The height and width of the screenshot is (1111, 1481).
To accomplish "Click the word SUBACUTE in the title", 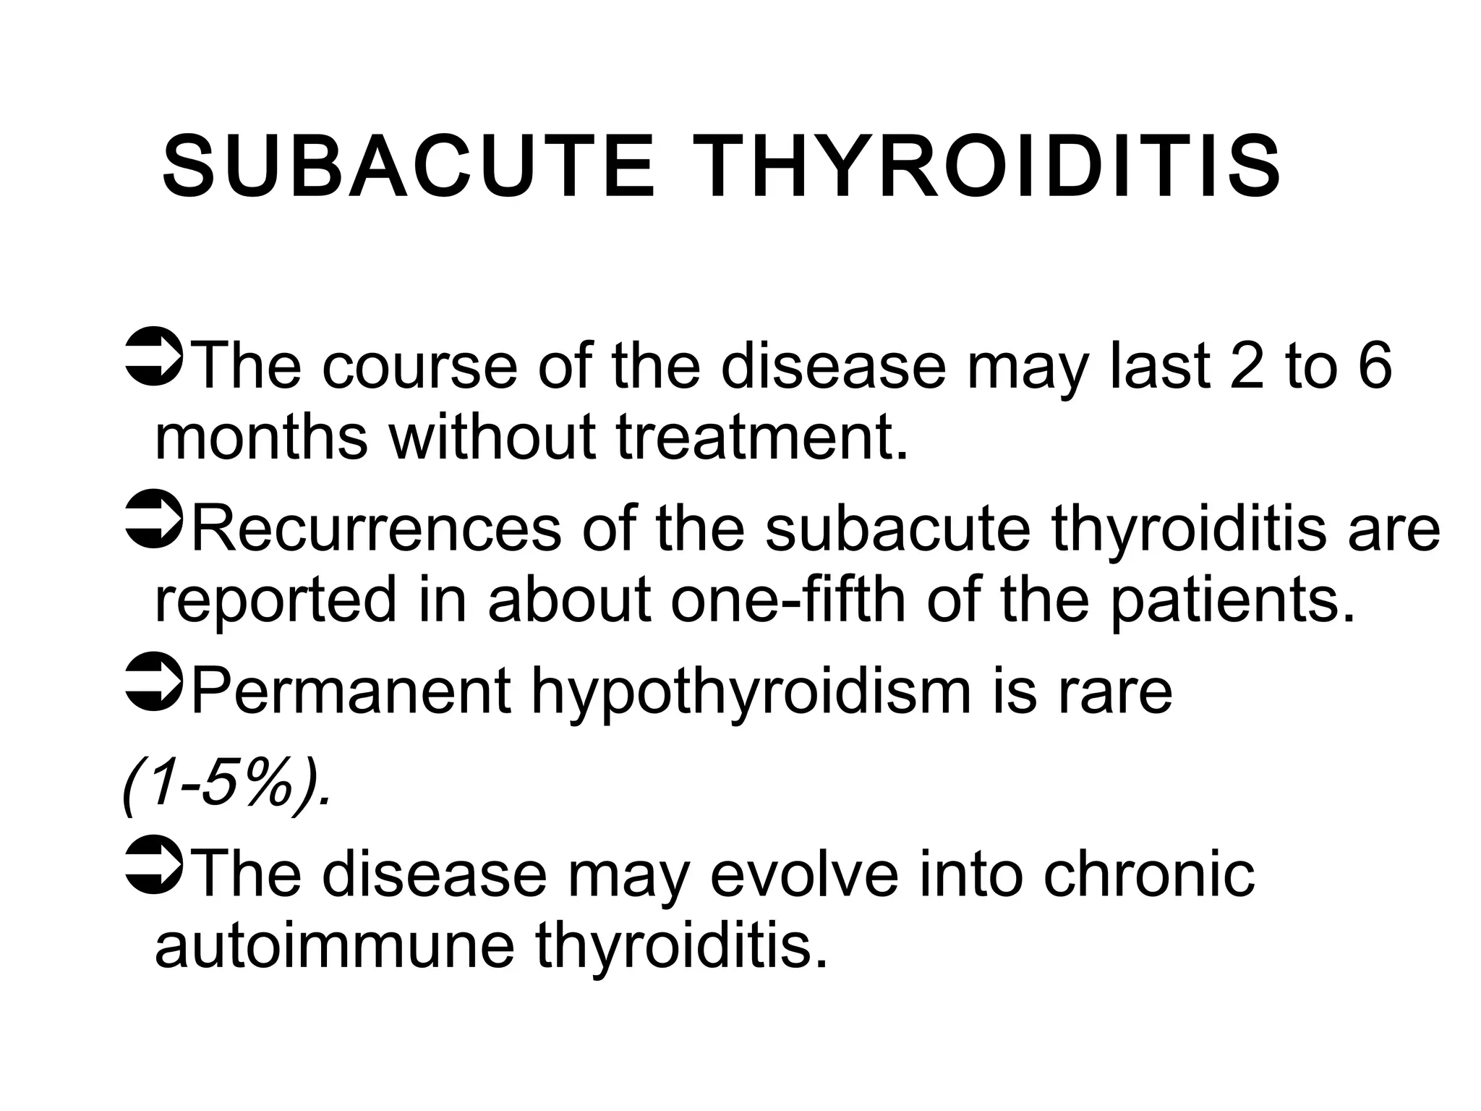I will click(409, 167).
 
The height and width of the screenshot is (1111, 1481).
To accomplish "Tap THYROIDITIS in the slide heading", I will click(991, 167).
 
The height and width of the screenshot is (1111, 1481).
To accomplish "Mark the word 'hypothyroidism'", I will click(752, 693).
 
